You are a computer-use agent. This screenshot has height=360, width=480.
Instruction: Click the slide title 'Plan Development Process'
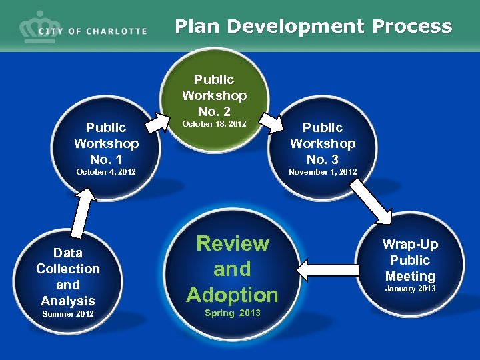point(313,26)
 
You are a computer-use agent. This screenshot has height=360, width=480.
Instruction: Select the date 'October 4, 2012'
point(106,172)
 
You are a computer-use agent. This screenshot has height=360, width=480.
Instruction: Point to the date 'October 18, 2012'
point(214,124)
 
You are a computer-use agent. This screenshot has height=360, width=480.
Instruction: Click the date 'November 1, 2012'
point(323,172)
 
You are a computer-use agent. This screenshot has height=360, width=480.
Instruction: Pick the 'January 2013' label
point(410,289)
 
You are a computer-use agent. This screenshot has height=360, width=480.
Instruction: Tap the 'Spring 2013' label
point(233,313)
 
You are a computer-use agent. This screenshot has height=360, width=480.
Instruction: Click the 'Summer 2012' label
point(68,314)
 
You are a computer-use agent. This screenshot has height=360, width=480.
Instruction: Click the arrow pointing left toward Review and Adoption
point(319,269)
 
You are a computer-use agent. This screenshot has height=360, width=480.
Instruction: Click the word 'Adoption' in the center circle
point(232,294)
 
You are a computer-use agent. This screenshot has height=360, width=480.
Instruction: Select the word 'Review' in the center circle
point(232,244)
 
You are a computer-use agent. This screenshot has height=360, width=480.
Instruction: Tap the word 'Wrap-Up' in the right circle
point(410,245)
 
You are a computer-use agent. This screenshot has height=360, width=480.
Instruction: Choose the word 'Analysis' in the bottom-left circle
point(68,301)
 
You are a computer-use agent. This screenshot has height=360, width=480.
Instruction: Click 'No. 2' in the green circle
point(214,111)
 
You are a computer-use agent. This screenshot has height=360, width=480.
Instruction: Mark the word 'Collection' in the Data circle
point(68,269)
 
